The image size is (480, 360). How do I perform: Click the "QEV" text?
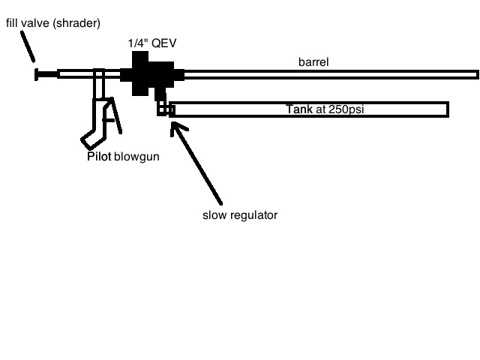coord(166,43)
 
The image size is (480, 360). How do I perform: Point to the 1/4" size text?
coord(139,43)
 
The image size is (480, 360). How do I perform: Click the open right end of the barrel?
coord(475,74)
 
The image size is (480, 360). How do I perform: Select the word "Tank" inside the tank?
coord(299,109)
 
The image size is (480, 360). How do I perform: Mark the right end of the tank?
coord(445,109)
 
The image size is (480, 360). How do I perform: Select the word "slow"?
coord(214,215)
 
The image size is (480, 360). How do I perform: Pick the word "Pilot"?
coord(99,157)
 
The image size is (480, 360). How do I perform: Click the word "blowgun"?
coord(136,157)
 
